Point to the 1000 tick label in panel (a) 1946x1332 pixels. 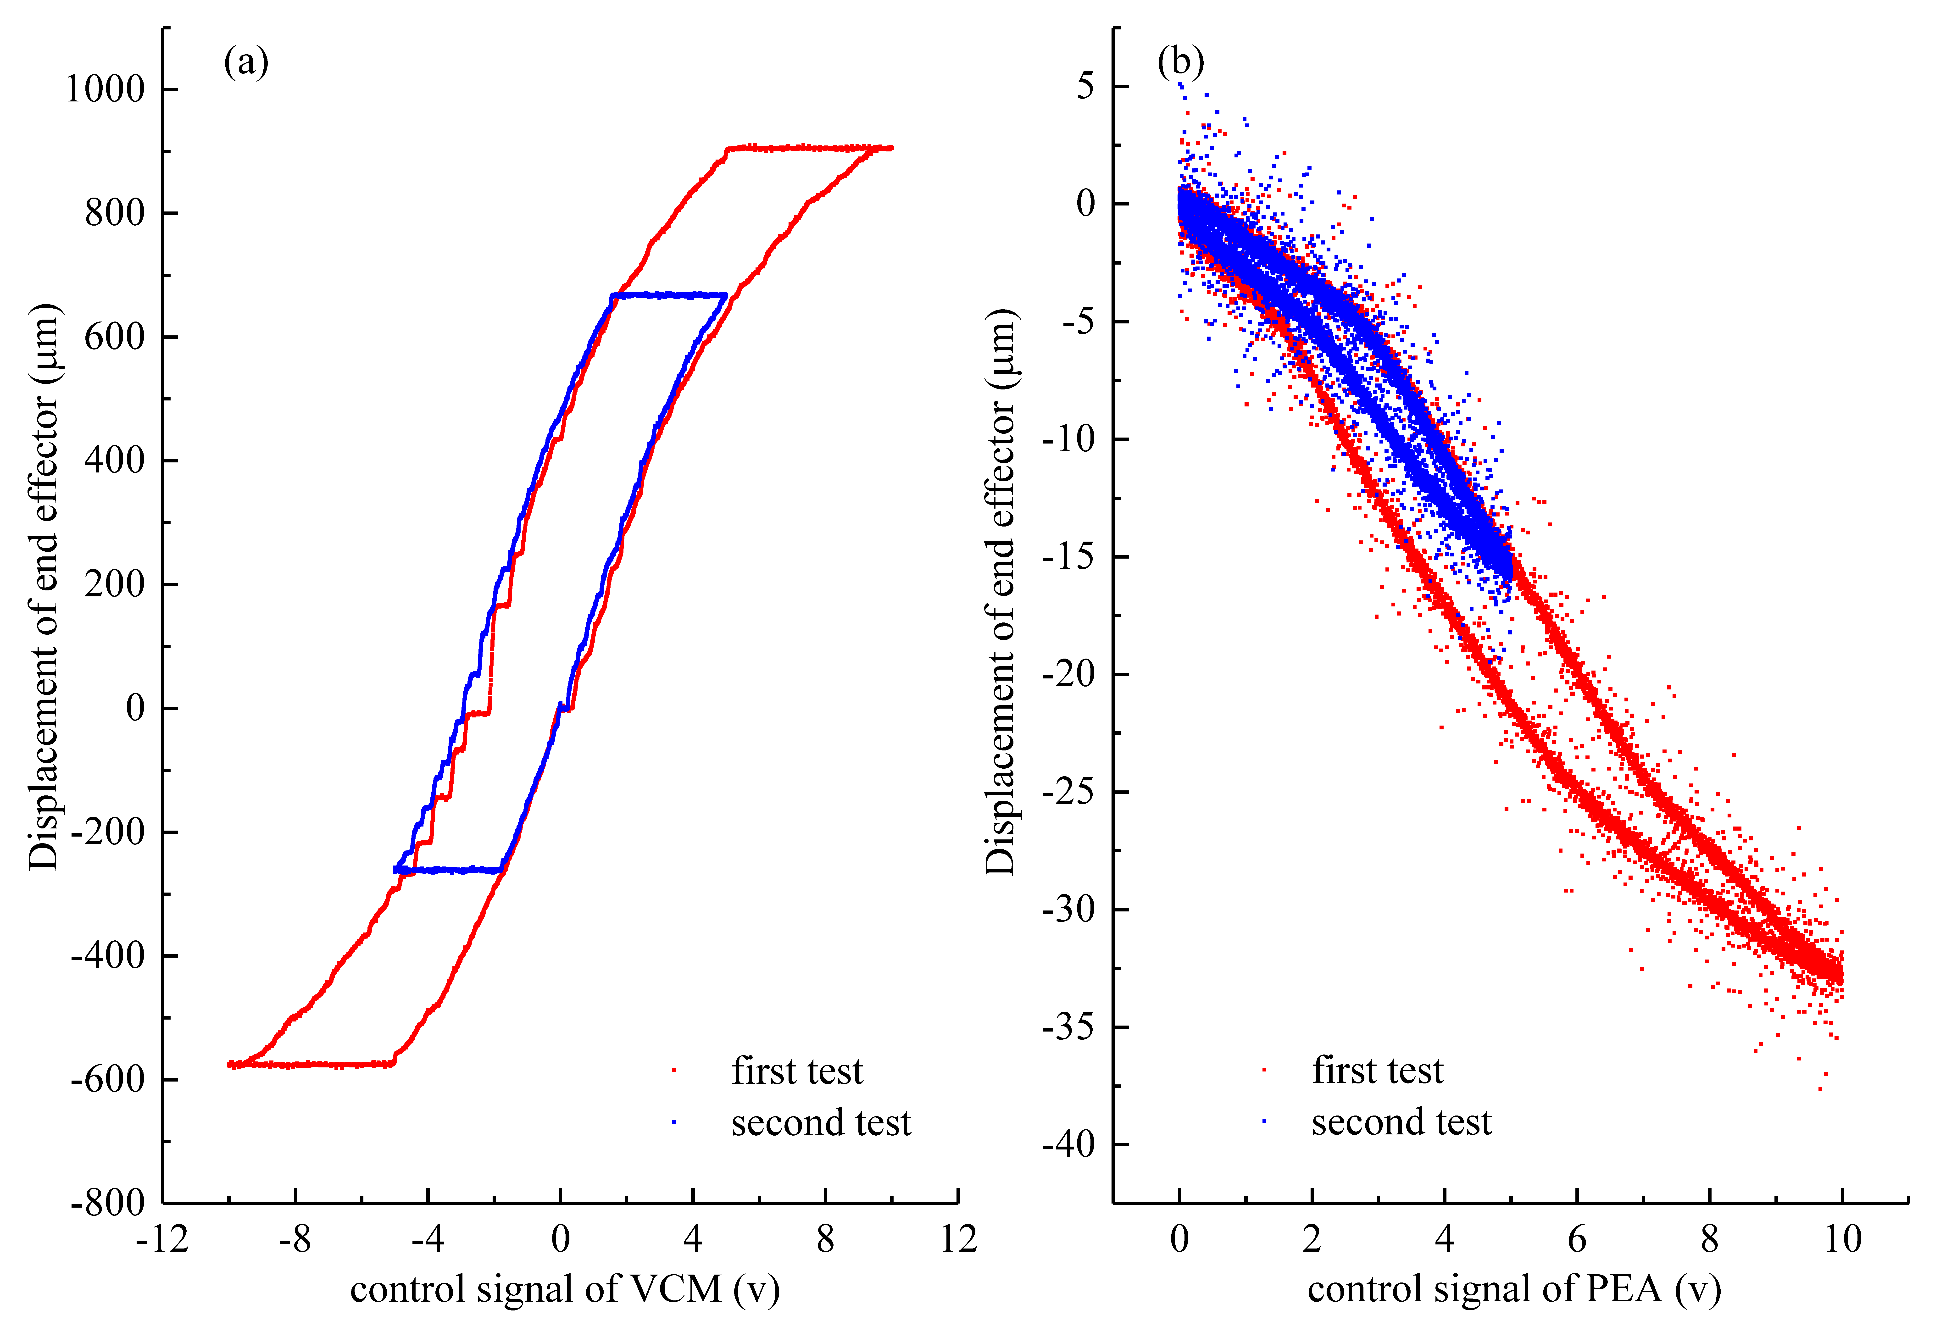point(106,89)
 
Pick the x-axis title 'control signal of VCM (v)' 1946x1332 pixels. point(565,1289)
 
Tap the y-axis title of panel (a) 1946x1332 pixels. point(44,586)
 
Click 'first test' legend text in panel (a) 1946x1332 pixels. point(797,1072)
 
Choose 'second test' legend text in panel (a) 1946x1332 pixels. point(821,1123)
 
